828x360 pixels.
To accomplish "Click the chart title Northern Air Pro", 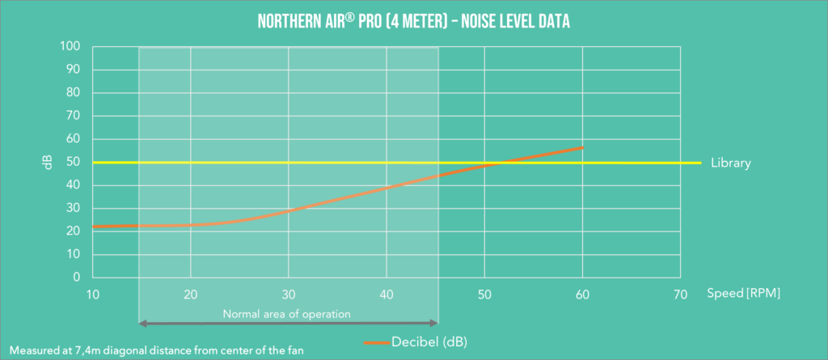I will tap(414, 20).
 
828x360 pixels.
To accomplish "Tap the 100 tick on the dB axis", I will tap(70, 47).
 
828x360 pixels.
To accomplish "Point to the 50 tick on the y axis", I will tap(73, 162).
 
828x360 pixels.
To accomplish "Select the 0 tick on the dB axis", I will tap(76, 277).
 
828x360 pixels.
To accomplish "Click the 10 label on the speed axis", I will tap(93, 294).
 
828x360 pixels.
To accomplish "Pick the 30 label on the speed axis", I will tap(289, 294).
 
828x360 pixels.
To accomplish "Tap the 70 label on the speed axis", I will tap(680, 294).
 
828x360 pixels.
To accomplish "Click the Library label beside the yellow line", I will tap(731, 163).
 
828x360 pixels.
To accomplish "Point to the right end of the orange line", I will tap(582, 148).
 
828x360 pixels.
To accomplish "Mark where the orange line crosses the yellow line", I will tap(498, 163).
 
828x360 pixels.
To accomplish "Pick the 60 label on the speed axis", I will tap(582, 294).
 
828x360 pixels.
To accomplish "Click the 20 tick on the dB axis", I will tap(73, 231).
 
